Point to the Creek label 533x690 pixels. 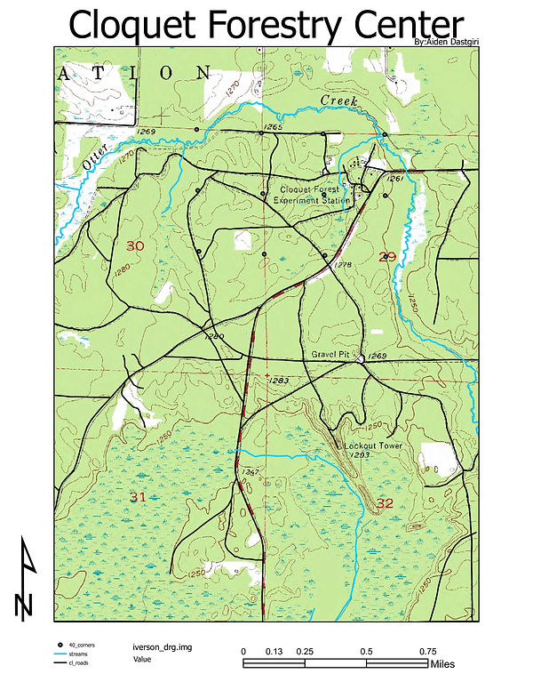(339, 101)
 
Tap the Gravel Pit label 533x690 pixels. (332, 354)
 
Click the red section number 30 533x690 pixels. (135, 246)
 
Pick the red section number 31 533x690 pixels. (138, 495)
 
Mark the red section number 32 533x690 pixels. (385, 503)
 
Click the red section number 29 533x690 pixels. (386, 257)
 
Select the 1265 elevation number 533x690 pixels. (273, 128)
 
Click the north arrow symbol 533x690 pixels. (26, 578)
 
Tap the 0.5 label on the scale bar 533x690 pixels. (366, 651)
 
